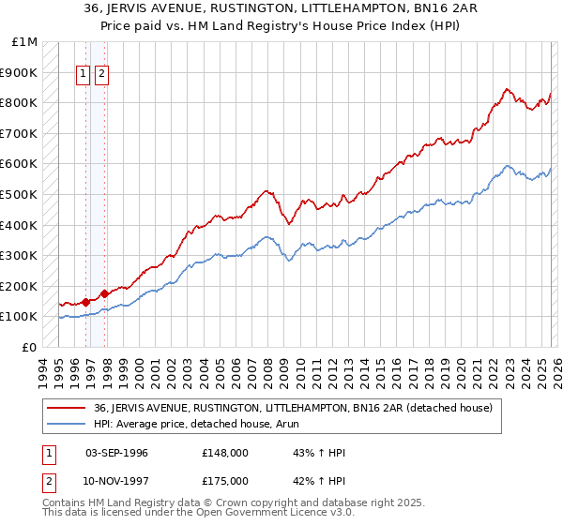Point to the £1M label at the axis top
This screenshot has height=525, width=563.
25,42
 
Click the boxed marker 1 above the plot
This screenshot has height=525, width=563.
84,75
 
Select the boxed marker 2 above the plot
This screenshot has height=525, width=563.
101,75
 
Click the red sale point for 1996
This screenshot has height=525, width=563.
85,302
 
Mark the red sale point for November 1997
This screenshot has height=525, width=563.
104,293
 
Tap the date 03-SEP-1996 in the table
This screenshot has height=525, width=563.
116,453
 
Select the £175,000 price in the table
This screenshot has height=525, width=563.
224,483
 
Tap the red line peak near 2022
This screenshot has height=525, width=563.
507,89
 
